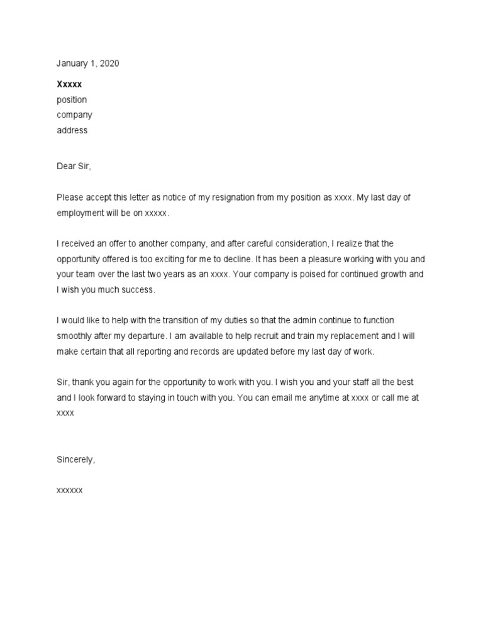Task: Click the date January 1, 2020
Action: coord(87,64)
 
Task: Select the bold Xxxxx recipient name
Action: coord(69,84)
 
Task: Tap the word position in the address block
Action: coord(72,100)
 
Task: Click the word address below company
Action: coord(72,131)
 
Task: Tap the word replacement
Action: coord(348,336)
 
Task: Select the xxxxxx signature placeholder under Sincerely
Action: coord(69,489)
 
